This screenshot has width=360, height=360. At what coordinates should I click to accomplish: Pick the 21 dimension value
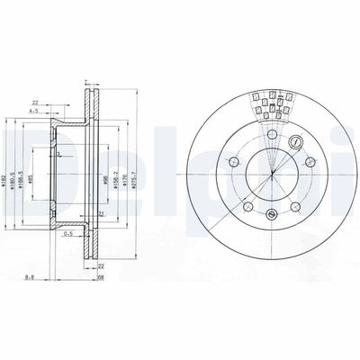point(102,213)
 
